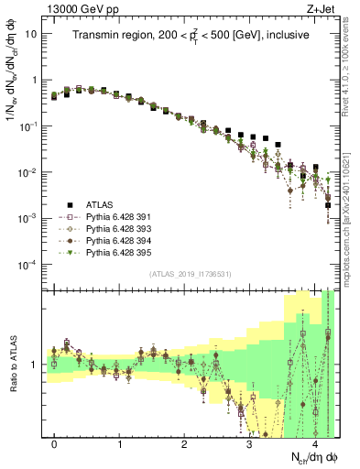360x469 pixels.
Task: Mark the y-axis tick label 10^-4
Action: [27, 265]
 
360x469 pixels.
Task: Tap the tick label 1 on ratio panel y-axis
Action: [34, 364]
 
